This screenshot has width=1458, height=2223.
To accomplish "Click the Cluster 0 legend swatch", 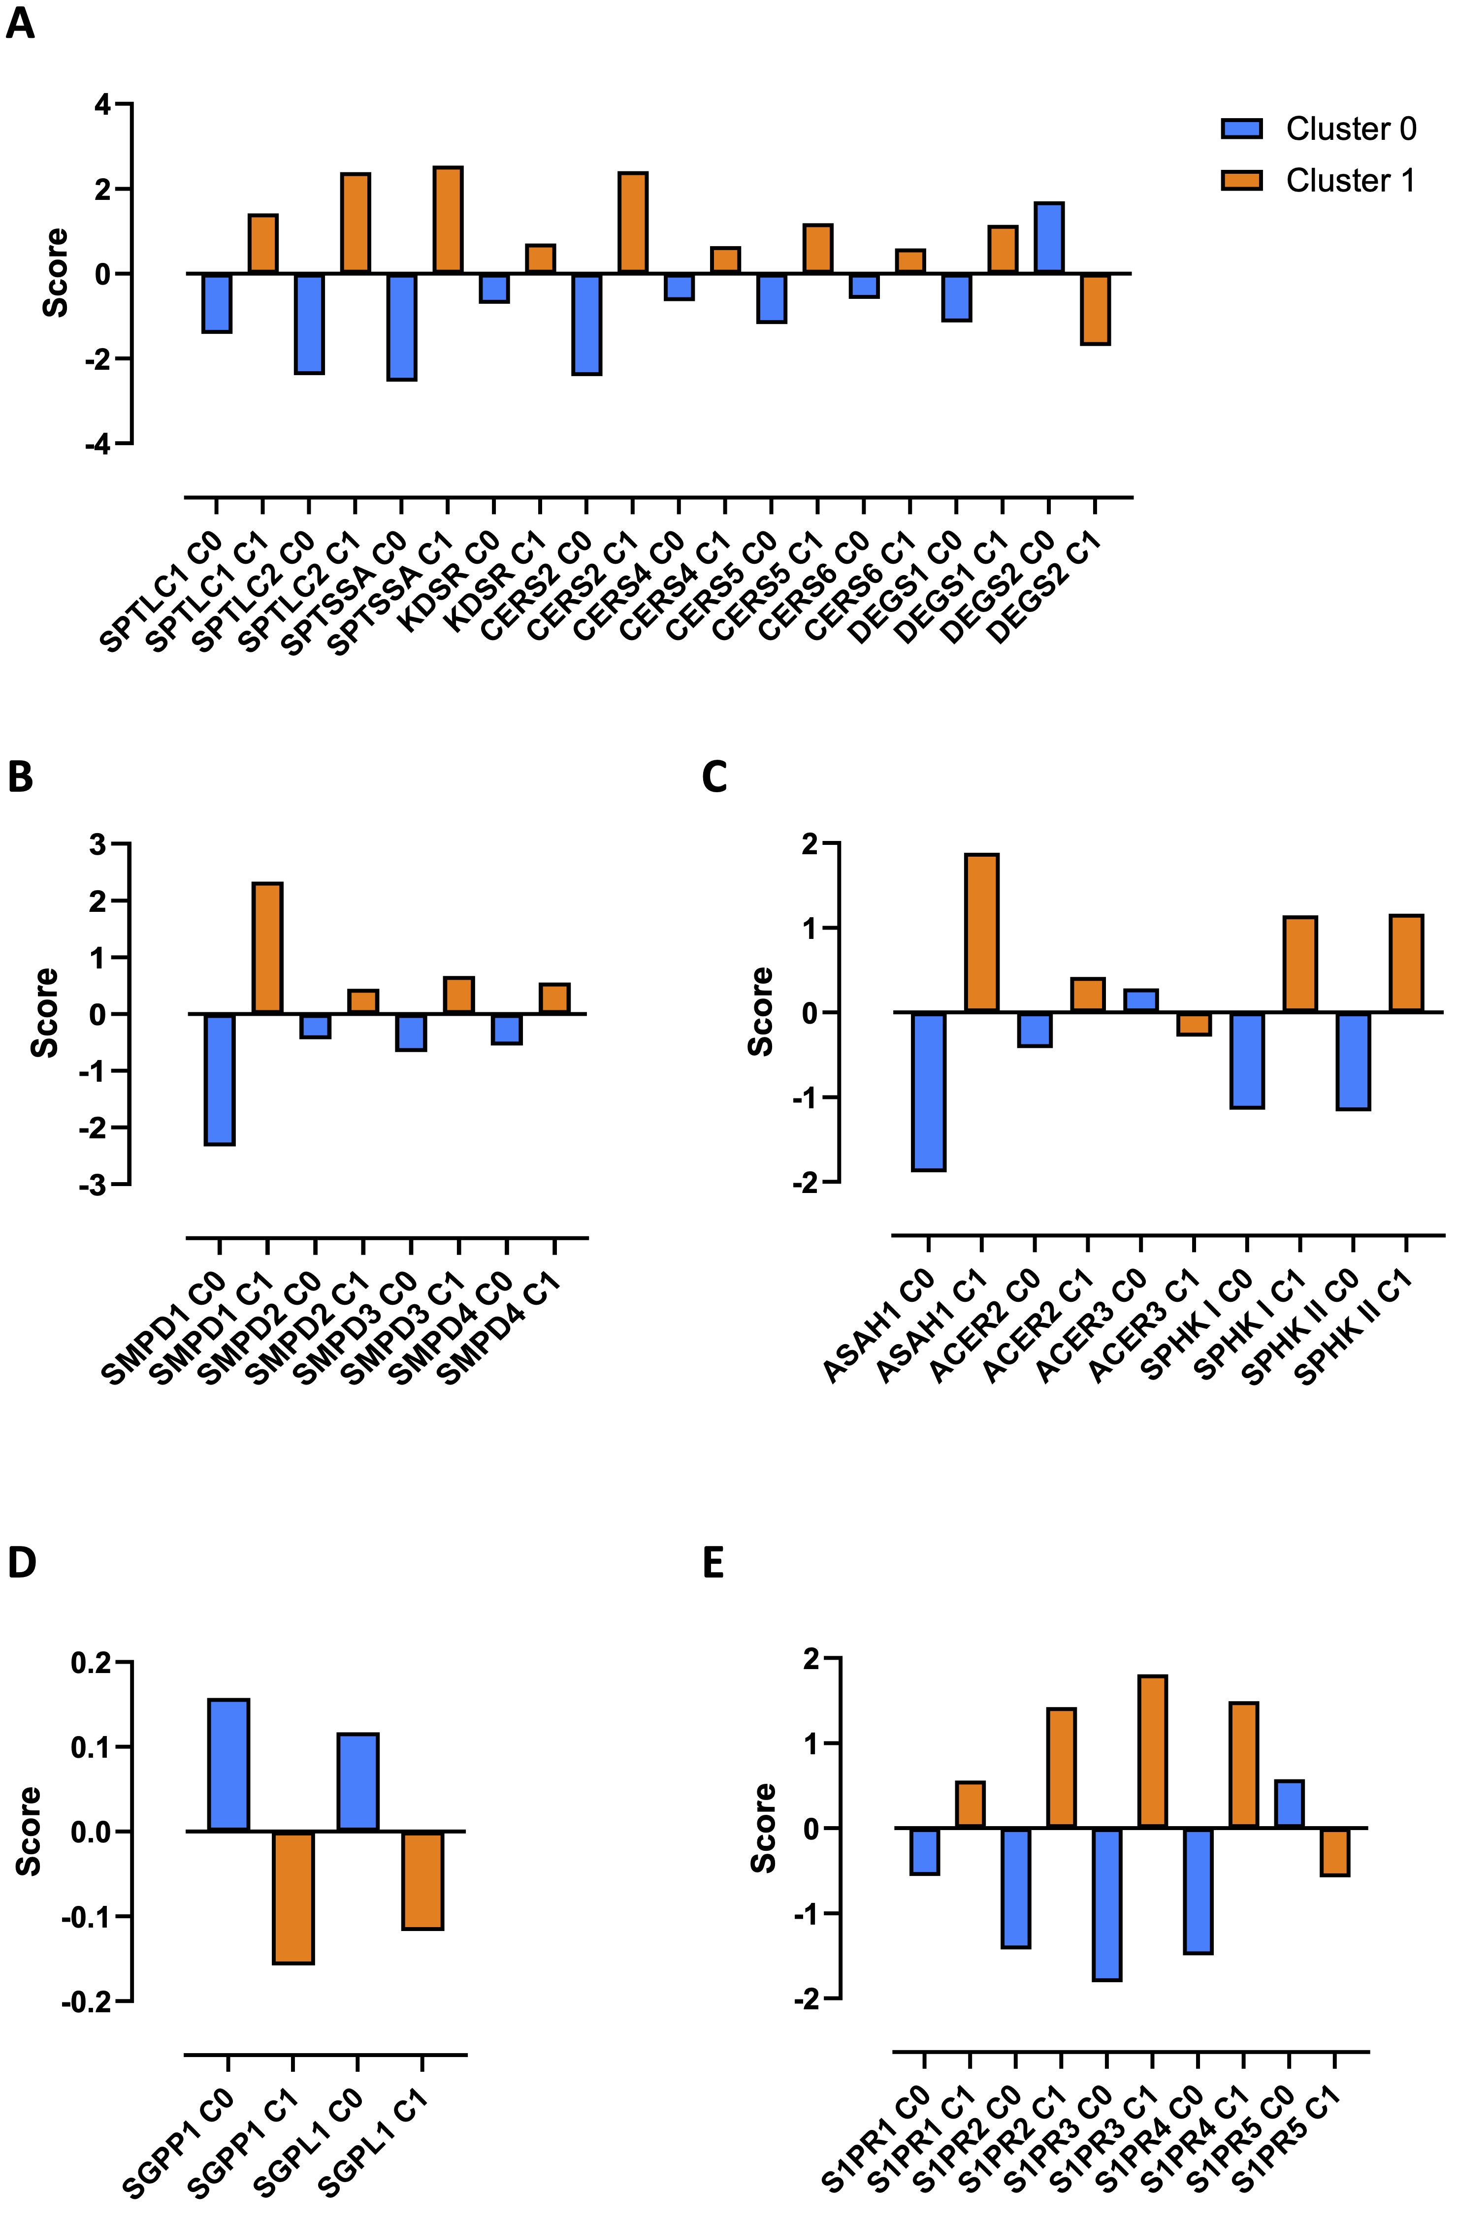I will click(1241, 129).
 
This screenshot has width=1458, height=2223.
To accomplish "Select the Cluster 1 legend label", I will click(1351, 180).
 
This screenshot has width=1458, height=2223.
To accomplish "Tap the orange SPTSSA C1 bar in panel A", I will click(448, 221).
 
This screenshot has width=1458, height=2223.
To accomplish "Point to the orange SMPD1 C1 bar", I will click(268, 948).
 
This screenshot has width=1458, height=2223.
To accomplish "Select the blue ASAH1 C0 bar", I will click(928, 1091).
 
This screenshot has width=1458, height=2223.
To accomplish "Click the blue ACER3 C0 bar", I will click(1140, 1000).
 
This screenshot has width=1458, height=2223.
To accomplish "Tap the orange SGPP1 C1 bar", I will click(293, 1897).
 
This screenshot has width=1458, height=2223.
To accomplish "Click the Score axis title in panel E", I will click(763, 1828).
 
